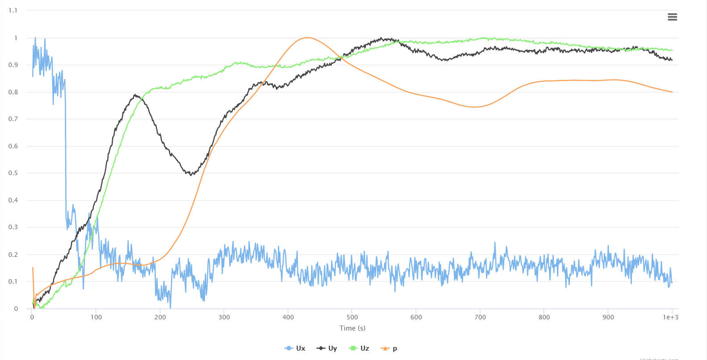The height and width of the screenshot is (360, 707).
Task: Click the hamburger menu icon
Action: click(x=672, y=17)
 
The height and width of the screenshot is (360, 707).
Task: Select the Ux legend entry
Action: click(x=295, y=348)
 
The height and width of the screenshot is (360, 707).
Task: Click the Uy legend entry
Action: click(x=327, y=348)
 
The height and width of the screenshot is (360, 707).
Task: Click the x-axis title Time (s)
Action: click(x=352, y=328)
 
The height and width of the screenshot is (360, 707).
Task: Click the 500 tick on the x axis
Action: click(x=352, y=317)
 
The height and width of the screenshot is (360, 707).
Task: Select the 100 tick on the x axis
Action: click(x=96, y=317)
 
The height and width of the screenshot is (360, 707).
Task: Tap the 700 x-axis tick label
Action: click(x=480, y=317)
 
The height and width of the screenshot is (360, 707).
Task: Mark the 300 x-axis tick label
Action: click(x=224, y=317)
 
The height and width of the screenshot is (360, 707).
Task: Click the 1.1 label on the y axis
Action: click(x=13, y=11)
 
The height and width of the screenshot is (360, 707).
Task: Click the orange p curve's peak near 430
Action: click(x=307, y=38)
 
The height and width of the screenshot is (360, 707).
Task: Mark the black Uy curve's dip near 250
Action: click(x=191, y=175)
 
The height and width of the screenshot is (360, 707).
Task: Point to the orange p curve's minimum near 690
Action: click(x=474, y=107)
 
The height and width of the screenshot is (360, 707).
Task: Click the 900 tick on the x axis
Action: click(x=608, y=317)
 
